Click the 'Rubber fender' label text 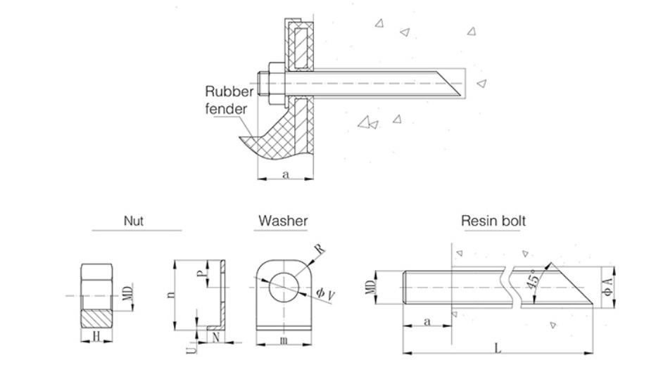(229, 100)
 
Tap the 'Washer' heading (282, 221)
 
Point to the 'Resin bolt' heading (493, 221)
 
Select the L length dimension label (498, 348)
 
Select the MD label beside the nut (127, 293)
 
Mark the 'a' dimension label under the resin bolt (426, 321)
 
